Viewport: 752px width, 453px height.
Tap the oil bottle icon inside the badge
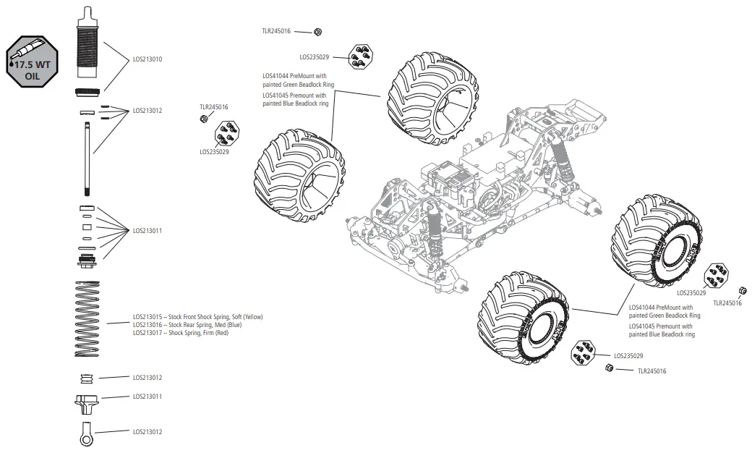coord(27,51)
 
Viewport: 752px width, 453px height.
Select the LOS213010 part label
coord(148,59)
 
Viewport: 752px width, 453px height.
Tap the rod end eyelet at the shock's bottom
coord(85,432)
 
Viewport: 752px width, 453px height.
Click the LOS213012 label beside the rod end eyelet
coord(148,432)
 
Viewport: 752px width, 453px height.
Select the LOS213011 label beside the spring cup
coord(148,397)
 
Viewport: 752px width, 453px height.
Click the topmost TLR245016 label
coord(276,30)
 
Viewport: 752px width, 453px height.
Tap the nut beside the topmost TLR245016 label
coord(318,31)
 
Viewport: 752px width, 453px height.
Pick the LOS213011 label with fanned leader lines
coord(148,230)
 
